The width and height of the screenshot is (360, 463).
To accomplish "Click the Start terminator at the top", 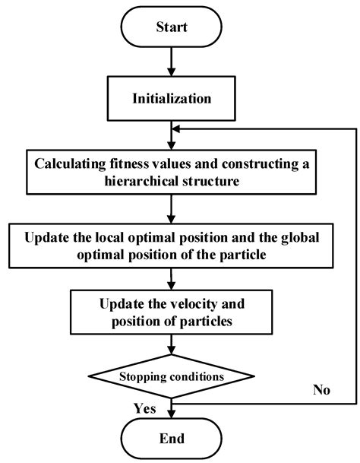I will tap(172, 27).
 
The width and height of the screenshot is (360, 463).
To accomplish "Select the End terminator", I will tap(172, 438).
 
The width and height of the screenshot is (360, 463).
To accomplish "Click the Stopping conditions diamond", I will tap(172, 375).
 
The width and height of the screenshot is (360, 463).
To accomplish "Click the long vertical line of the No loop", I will tap(355, 266).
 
